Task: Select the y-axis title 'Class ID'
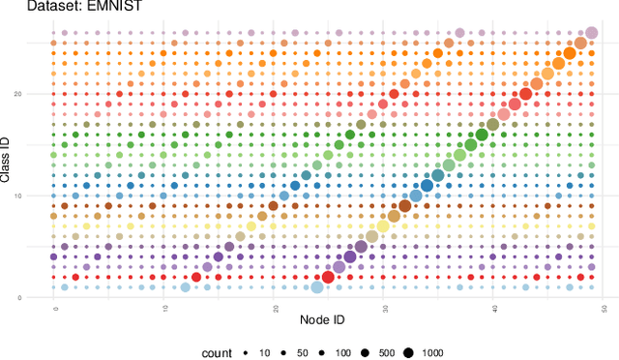[x=7, y=159]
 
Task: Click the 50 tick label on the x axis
[x=603, y=308]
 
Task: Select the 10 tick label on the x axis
[x=164, y=308]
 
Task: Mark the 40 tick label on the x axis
[x=493, y=308]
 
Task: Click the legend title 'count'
[x=217, y=352]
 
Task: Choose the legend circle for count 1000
[x=408, y=352]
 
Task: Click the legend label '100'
[x=343, y=352]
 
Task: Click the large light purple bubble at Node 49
[x=591, y=33]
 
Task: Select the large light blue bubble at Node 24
[x=317, y=287]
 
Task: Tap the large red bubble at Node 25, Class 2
[x=328, y=278]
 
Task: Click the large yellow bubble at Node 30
[x=383, y=226]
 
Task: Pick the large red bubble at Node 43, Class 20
[x=525, y=94]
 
